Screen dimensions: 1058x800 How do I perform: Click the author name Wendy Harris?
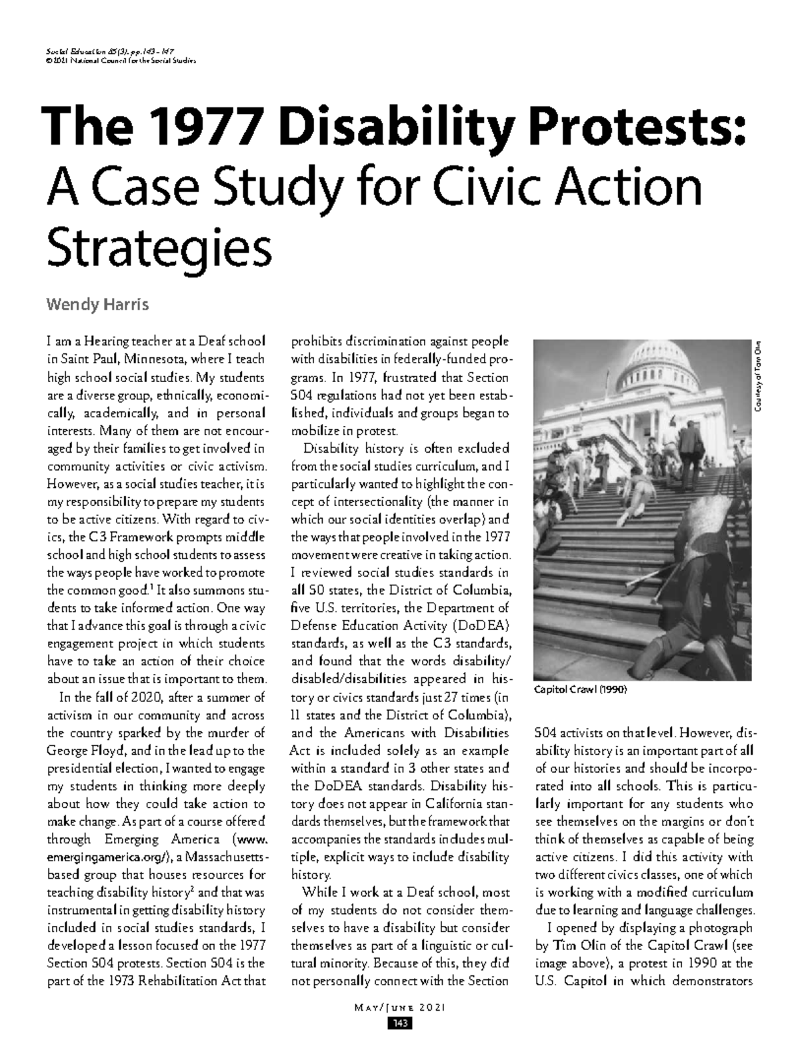click(x=96, y=305)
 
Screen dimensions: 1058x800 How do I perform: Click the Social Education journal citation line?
click(x=115, y=51)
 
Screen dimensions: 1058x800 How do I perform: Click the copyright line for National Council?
click(x=120, y=61)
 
